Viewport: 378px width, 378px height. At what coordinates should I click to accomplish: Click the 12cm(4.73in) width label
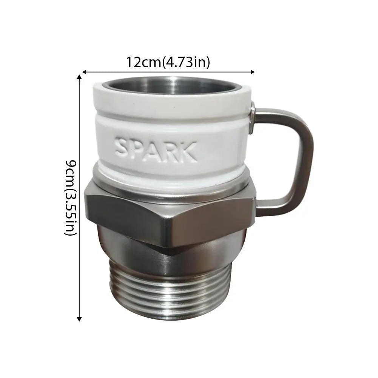pyautogui.click(x=168, y=62)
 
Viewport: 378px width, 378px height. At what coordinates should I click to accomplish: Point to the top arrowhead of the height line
pyautogui.click(x=79, y=77)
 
